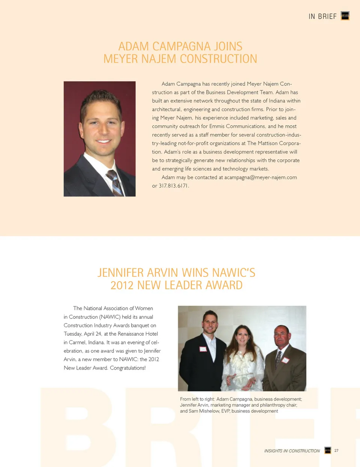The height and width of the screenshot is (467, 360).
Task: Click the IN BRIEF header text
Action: tap(322, 17)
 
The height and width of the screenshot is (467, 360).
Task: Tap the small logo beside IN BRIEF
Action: tap(345, 16)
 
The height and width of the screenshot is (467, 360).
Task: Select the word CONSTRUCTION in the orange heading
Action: tap(219, 59)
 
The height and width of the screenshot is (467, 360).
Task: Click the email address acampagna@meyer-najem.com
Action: tap(261, 177)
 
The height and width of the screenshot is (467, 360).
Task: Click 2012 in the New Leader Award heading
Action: tap(122, 285)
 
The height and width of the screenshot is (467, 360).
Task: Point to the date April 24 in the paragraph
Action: tap(93, 334)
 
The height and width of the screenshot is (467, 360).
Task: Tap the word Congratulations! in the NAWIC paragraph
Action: tap(127, 368)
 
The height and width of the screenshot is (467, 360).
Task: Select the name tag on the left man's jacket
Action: tap(203, 349)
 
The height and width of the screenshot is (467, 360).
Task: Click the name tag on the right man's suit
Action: tap(285, 360)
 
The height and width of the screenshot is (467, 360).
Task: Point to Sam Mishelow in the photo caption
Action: tap(204, 411)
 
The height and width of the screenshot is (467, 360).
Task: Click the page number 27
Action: tap(336, 450)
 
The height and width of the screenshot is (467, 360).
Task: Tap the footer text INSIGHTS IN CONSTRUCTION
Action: tap(292, 451)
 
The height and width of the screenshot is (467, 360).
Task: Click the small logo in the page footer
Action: tap(328, 450)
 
